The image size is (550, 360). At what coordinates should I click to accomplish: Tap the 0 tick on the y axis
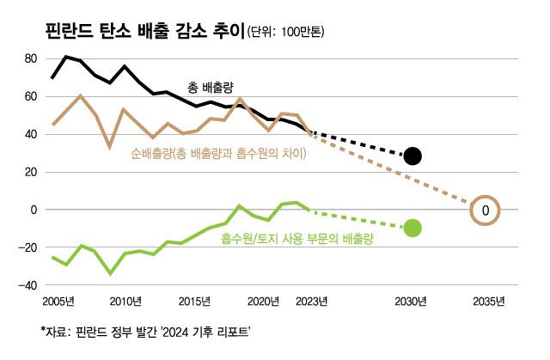pyautogui.click(x=35, y=210)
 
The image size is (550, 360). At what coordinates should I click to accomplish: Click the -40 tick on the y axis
pyautogui.click(x=28, y=285)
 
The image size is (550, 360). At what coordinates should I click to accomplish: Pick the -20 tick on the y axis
pyautogui.click(x=28, y=247)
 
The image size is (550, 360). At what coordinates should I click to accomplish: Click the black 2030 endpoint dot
pyautogui.click(x=412, y=156)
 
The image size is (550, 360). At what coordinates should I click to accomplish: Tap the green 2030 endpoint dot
pyautogui.click(x=412, y=228)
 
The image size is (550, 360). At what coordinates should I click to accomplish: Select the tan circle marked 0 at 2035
pyautogui.click(x=486, y=210)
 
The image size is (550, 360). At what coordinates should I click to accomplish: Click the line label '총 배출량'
pyautogui.click(x=211, y=87)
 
